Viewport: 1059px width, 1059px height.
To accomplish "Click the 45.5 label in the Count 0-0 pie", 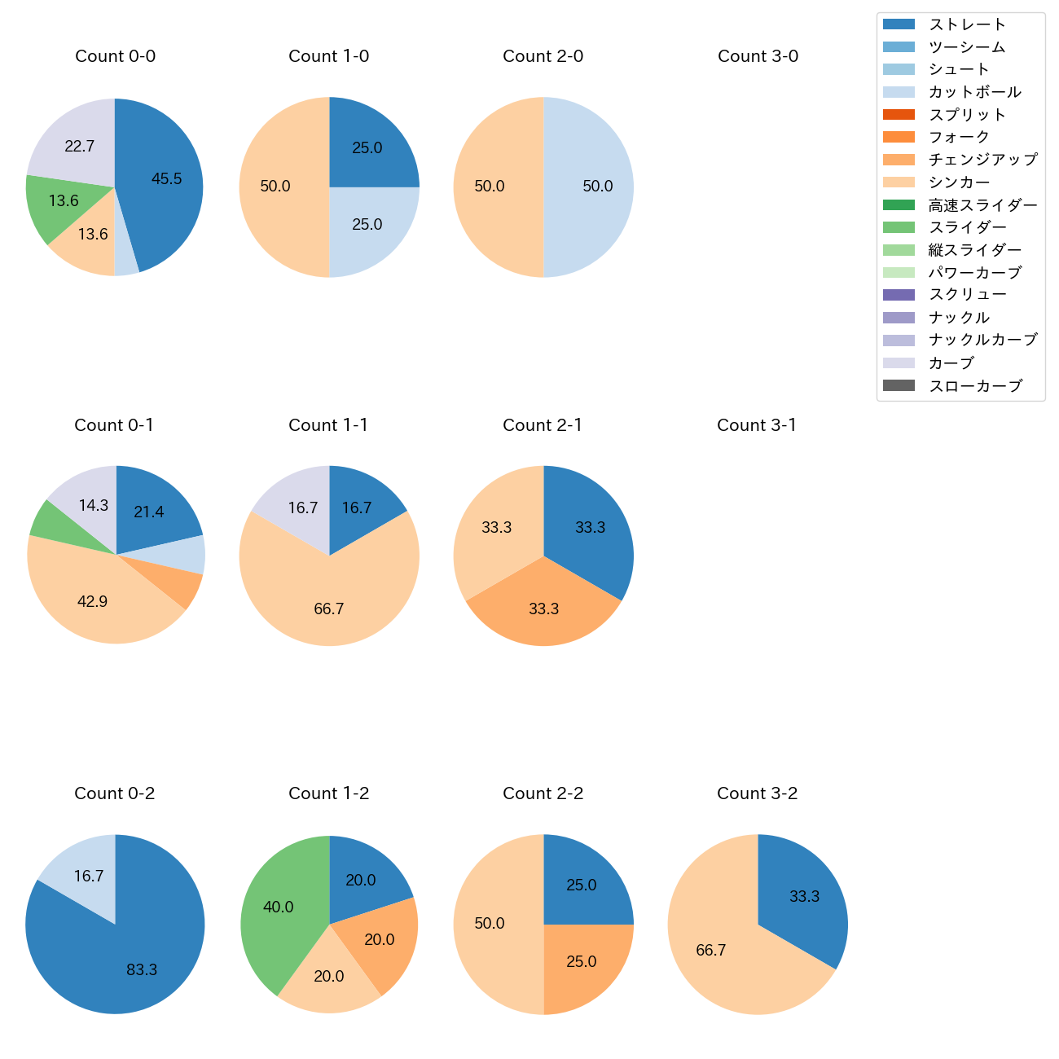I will (167, 179).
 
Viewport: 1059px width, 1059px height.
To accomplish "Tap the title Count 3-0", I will (758, 56).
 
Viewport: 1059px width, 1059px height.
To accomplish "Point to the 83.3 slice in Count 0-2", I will (130, 961).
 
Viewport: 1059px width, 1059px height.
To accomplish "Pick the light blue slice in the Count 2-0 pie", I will (591, 187).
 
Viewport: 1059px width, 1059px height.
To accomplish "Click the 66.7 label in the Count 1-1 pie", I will (328, 609).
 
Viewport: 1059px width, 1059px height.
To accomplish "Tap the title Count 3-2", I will (757, 793).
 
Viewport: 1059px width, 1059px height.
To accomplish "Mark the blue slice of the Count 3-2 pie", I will (802, 896).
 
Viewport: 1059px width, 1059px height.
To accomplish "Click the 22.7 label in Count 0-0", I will (80, 147).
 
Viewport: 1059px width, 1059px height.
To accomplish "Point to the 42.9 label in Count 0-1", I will (92, 602).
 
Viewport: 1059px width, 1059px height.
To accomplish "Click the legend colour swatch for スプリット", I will (899, 115).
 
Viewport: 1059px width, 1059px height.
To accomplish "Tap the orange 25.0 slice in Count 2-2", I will (582, 962).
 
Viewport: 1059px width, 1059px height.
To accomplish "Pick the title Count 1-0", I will (328, 56).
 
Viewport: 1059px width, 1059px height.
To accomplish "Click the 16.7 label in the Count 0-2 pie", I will (89, 877).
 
